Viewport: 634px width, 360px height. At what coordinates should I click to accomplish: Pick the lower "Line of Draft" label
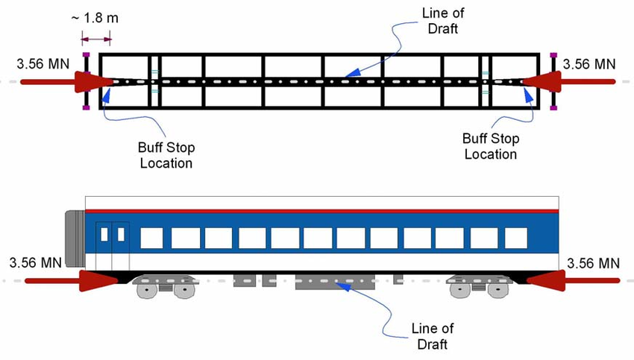[432, 335]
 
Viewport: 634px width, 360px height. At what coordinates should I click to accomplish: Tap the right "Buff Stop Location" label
[490, 146]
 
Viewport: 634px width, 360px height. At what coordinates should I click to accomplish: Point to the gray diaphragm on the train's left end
[75, 238]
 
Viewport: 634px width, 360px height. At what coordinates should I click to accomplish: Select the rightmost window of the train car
[515, 238]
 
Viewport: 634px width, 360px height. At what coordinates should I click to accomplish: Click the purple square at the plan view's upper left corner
[86, 55]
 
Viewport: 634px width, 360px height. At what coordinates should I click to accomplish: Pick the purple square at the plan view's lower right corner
[553, 107]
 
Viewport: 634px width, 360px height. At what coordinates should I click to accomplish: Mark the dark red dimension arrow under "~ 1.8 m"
[97, 39]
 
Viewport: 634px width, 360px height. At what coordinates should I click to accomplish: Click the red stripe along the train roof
[321, 211]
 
